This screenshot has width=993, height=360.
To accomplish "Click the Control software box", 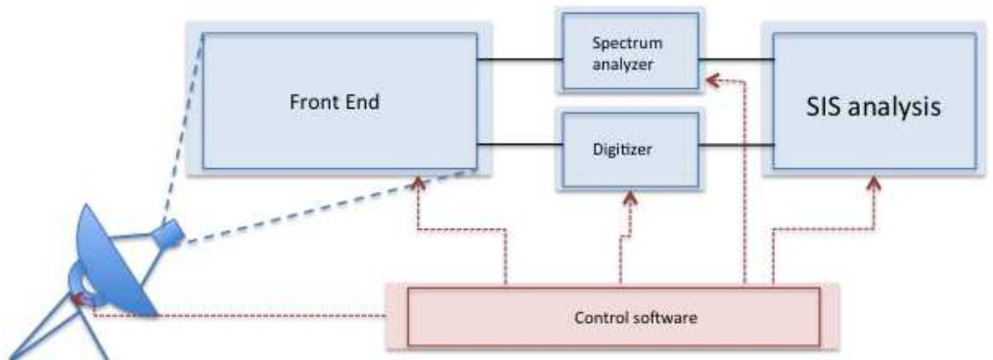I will [x=611, y=317].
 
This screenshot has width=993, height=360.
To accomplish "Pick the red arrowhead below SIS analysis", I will [x=874, y=182].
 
